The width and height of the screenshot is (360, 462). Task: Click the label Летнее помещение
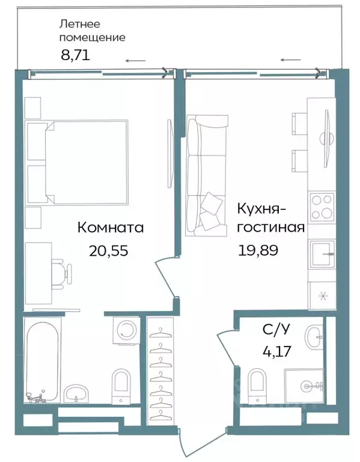91,31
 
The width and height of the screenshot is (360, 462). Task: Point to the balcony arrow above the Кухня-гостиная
291,60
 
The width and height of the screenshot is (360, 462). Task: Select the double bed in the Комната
87,161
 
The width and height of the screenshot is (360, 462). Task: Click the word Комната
111,228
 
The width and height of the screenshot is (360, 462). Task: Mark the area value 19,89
260,250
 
